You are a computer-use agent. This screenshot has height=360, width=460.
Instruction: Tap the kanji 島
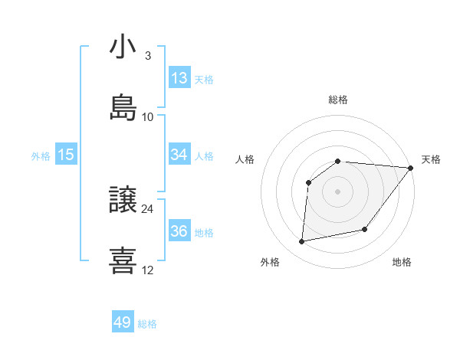[123, 106]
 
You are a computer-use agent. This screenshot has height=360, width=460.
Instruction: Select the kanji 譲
[123, 201]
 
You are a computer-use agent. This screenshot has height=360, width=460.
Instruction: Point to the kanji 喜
[123, 260]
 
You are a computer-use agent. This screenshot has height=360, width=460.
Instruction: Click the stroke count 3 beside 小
[147, 56]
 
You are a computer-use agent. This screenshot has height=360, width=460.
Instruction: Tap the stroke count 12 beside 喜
[147, 270]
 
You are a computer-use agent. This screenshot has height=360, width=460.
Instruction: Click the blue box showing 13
[179, 78]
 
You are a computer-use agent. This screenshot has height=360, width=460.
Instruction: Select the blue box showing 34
[179, 155]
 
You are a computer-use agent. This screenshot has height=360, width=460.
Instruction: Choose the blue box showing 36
[179, 231]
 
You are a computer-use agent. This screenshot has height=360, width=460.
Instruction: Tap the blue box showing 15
[66, 155]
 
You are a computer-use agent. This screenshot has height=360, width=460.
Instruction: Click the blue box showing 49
[123, 322]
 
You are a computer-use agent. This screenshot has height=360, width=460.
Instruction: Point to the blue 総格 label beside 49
[147, 324]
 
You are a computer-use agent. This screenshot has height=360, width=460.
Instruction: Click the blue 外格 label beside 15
[41, 156]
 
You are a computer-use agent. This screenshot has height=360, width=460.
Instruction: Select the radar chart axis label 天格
[431, 159]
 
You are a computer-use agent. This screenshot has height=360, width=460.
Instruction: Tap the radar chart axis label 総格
[338, 100]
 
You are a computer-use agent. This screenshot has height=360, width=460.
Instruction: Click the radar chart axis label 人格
[245, 159]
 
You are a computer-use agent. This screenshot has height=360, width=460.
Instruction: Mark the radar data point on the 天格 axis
[412, 168]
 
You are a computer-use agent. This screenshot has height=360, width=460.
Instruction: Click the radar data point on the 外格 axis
[302, 241]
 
